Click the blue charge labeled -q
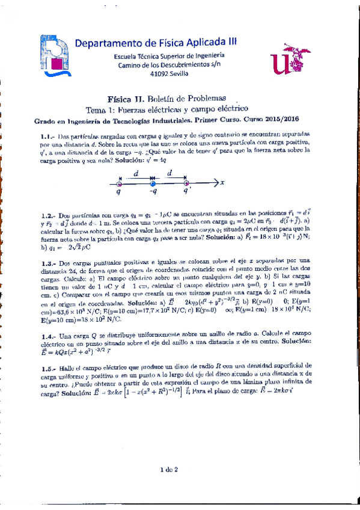[153, 183]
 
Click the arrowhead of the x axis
[217, 183]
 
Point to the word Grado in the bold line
[46, 120]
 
